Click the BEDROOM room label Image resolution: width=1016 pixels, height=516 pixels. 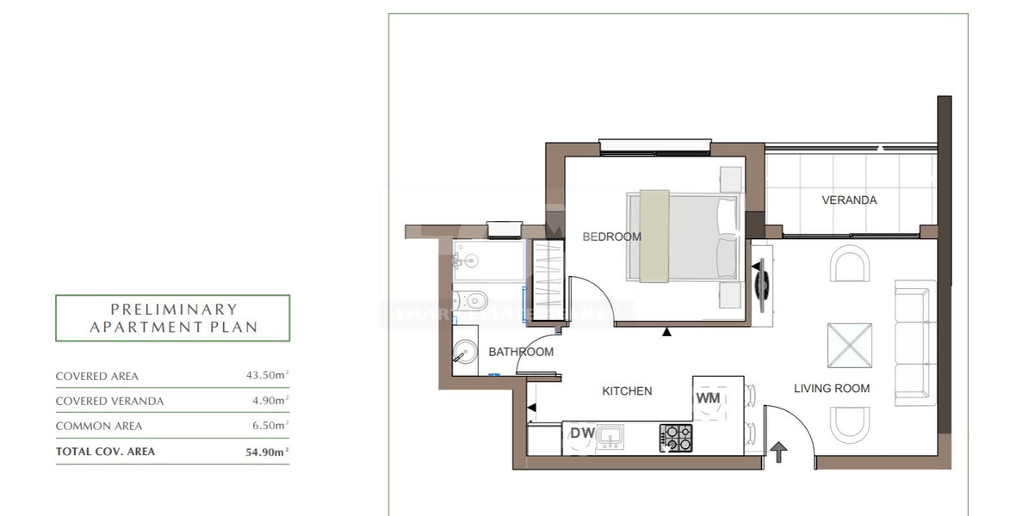(x=611, y=236)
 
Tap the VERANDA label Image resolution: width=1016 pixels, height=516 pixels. (x=849, y=200)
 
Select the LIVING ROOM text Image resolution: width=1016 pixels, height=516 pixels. (x=831, y=389)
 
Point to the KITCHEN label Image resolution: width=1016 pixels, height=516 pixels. (x=626, y=391)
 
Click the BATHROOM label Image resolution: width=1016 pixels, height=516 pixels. (x=521, y=352)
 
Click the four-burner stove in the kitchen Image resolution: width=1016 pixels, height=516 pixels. (x=675, y=438)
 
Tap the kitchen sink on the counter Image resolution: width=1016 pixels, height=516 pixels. (x=612, y=436)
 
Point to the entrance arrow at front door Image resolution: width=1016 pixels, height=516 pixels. (x=778, y=451)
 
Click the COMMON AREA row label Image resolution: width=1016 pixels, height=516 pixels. (x=98, y=426)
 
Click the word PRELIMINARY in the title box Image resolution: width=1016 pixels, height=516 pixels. (x=173, y=309)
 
